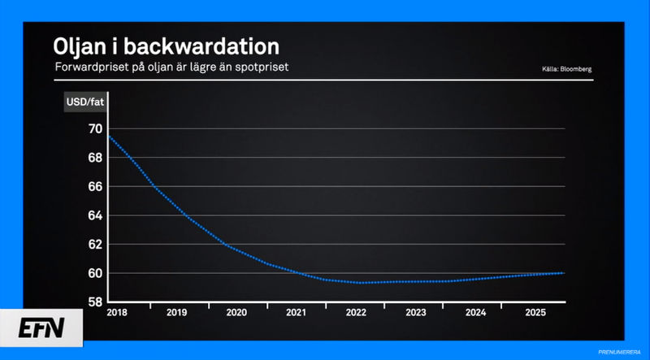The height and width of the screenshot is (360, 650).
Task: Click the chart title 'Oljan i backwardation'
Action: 166,45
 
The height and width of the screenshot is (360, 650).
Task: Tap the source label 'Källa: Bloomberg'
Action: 566,69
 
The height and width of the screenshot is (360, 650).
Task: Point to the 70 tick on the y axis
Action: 95,129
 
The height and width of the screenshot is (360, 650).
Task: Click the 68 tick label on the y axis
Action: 95,158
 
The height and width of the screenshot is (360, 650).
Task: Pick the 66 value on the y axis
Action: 95,187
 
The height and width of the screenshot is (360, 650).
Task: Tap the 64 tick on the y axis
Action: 95,215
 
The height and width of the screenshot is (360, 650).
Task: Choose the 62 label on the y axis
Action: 95,245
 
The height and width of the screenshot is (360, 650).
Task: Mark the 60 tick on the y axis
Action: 95,273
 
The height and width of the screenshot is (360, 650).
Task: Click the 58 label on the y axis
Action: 95,302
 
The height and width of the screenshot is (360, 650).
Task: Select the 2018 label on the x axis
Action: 118,312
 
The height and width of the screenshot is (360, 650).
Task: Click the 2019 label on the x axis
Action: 176,312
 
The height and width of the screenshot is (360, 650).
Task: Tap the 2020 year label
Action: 236,312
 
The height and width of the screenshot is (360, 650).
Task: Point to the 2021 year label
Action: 296,312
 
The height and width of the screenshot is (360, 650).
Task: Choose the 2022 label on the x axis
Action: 356,312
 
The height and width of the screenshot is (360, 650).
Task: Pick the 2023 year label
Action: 415,312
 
